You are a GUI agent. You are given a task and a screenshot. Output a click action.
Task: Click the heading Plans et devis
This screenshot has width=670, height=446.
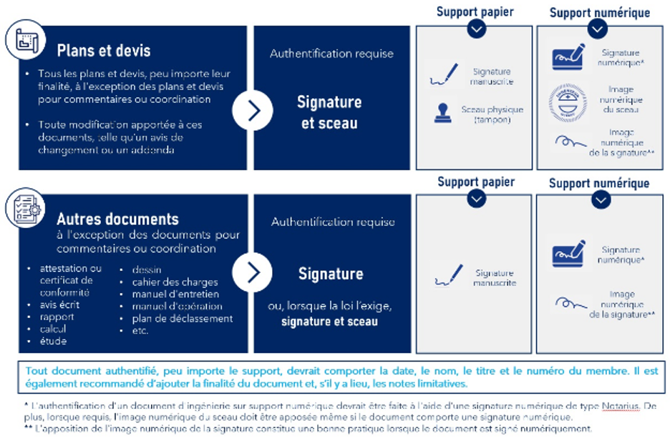[x=104, y=51]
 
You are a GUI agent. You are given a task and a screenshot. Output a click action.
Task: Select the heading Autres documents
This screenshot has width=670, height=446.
[x=118, y=219]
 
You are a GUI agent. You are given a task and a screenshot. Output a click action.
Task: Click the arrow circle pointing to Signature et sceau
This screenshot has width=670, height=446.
[x=252, y=111]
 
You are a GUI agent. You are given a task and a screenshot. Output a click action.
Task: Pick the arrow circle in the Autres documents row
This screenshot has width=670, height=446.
[x=252, y=272]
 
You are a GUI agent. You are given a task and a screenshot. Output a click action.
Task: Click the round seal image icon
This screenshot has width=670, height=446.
[x=567, y=100]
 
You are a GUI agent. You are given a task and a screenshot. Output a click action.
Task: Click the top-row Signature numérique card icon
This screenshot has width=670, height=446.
[x=568, y=58]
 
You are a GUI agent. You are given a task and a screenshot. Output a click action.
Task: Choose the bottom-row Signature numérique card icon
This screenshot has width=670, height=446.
[x=568, y=254]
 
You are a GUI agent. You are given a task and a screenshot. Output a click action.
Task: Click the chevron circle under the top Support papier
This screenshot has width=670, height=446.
[x=476, y=29]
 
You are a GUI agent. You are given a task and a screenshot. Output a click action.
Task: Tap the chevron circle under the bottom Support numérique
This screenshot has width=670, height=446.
[x=600, y=199]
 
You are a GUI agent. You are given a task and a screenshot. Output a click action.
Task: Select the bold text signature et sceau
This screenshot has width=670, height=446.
[x=329, y=322]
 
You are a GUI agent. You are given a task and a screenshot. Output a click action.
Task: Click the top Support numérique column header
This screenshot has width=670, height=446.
[x=600, y=12]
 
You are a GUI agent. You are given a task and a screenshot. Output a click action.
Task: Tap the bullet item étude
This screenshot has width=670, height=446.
[x=54, y=341]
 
